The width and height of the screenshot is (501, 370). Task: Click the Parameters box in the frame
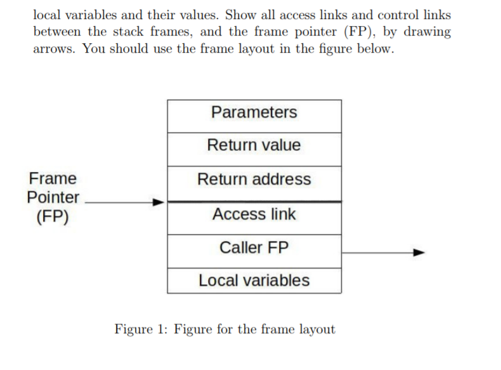pyautogui.click(x=254, y=113)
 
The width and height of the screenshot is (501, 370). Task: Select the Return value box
pyautogui.click(x=254, y=145)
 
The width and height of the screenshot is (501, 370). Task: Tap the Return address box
pyautogui.click(x=254, y=180)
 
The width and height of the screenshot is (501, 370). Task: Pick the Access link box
pyautogui.click(x=254, y=215)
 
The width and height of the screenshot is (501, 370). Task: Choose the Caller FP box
pyautogui.click(x=254, y=248)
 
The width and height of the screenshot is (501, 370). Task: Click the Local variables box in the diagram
pyautogui.click(x=254, y=281)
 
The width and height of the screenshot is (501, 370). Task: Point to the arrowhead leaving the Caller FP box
pyautogui.click(x=418, y=252)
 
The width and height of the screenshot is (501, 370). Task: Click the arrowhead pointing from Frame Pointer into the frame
pyautogui.click(x=159, y=202)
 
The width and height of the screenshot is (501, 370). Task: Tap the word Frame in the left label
pyautogui.click(x=53, y=178)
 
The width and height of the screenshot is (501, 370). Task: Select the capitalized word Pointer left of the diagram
pyautogui.click(x=53, y=197)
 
